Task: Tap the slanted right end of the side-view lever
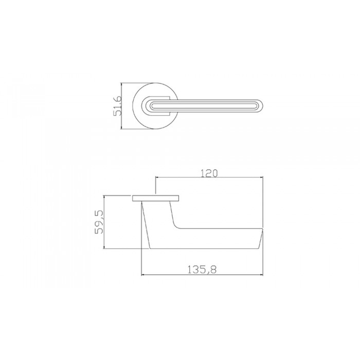(x=262, y=239)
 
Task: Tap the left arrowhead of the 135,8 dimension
(x=142, y=274)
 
